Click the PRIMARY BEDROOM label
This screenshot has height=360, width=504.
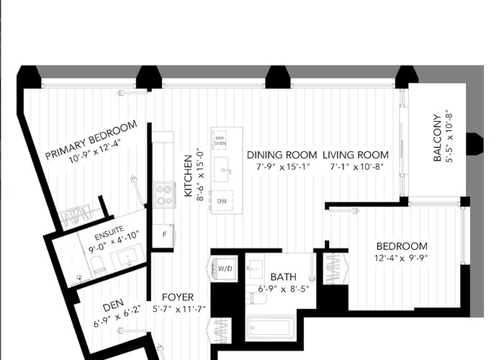click(91, 140)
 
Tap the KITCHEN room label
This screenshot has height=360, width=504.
click(189, 176)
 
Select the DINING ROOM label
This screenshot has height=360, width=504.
click(282, 155)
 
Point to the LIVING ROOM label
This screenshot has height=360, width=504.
click(356, 155)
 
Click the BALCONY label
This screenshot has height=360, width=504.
click(437, 138)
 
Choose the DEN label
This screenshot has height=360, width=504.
click(113, 305)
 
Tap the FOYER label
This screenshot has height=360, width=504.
click(178, 297)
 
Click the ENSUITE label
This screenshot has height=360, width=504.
click(109, 233)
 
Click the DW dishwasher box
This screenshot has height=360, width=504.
click(222, 201)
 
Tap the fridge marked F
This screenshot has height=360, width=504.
click(163, 235)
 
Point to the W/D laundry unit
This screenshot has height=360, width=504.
click(224, 269)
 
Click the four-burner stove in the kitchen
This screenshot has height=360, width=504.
click(164, 195)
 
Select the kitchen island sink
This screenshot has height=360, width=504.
click(222, 169)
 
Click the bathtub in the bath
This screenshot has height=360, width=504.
click(271, 329)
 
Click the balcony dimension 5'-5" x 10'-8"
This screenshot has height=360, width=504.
click(449, 136)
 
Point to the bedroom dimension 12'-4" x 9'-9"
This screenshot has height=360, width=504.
click(401, 258)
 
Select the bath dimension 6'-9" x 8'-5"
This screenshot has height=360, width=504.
click(284, 289)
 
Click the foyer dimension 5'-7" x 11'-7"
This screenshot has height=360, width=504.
click(179, 310)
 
